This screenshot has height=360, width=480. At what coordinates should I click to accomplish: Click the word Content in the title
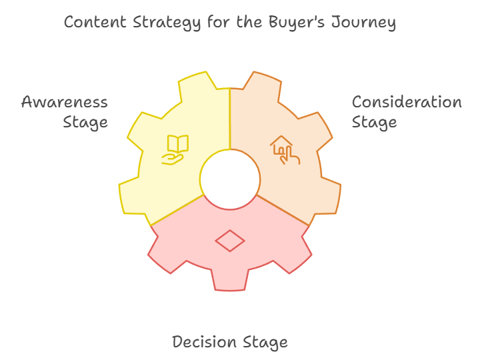95,23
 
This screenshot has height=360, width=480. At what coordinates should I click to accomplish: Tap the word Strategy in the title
167,23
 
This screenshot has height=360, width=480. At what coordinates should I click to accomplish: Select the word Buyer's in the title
296,23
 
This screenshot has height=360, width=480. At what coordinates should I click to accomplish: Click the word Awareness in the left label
65,102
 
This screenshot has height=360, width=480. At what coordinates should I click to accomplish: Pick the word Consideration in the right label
407,102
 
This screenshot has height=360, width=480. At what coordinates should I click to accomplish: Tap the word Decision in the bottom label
204,341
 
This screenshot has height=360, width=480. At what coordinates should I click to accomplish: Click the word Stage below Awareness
85,123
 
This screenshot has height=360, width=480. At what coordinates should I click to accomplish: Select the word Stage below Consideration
374,123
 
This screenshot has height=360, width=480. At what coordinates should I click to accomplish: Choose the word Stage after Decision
265,343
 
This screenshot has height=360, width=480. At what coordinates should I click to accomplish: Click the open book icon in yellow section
178,143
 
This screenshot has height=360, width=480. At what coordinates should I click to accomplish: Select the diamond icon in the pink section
230,241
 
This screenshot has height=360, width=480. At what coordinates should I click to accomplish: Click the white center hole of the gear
230,179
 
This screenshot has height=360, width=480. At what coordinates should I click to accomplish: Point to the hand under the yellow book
173,159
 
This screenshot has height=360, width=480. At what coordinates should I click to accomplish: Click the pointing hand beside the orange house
289,156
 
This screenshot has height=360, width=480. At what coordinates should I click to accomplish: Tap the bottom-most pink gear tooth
230,279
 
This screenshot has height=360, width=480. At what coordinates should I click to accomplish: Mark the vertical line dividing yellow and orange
230,119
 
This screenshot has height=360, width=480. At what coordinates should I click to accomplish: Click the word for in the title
219,22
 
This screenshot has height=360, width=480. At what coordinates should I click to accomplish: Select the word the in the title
249,22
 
